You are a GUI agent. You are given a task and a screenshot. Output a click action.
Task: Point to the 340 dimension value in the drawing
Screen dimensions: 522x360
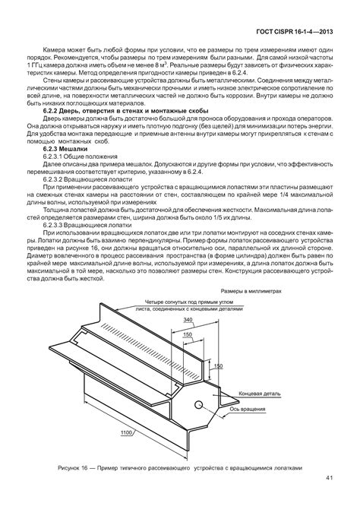point(187,320)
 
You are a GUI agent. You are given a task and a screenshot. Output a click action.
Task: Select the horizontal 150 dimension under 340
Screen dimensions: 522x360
point(186,334)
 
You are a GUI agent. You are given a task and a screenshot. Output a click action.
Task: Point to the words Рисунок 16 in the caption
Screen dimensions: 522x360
point(75,468)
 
